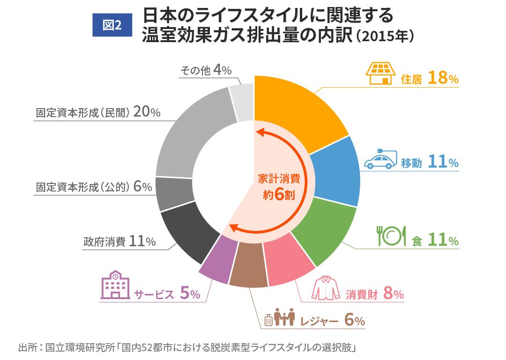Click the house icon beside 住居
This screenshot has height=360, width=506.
(x=379, y=73)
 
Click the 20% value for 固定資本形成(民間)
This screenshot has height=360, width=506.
(x=147, y=112)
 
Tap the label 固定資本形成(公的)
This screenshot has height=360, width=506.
(x=82, y=187)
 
